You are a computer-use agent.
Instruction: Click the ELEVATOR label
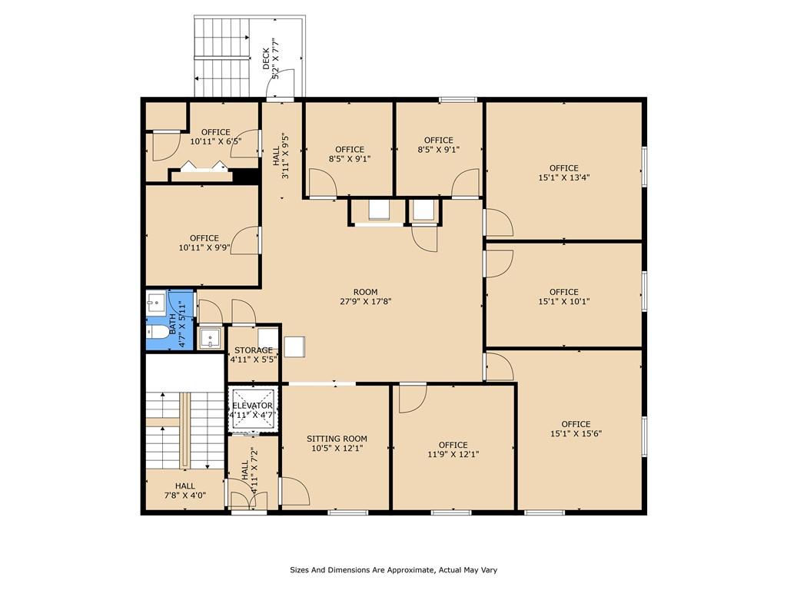point(252,406)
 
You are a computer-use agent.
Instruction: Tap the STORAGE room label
point(254,350)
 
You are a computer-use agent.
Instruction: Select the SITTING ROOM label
point(337,439)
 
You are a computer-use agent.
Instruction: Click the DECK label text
point(266,58)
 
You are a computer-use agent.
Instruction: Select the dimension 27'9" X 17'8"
point(365,301)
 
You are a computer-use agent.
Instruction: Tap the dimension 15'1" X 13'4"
point(563,177)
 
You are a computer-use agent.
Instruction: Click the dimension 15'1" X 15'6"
point(576,433)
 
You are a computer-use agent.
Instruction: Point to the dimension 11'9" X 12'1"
point(453,454)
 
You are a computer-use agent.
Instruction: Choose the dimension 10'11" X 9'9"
point(204,247)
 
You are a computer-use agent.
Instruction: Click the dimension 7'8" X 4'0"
point(185,496)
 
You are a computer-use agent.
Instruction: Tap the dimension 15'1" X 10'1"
point(563,301)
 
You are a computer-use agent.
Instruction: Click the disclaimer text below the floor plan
point(393,570)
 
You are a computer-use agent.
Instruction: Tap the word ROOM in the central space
point(365,292)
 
